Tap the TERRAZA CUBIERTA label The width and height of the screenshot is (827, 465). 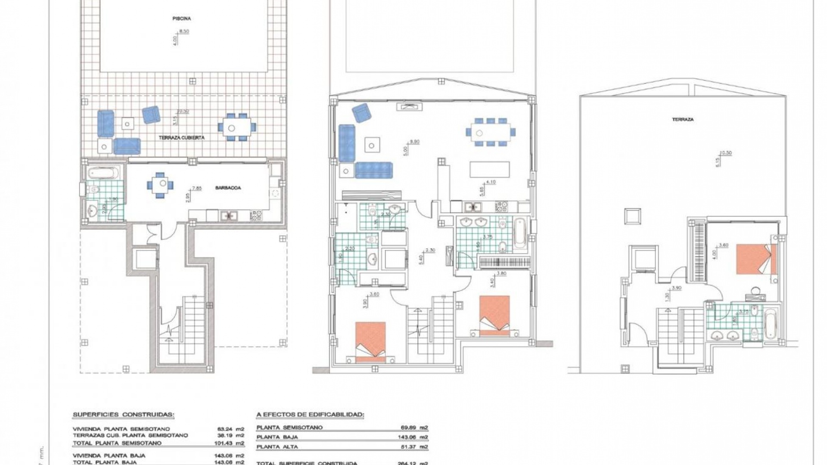click(181, 138)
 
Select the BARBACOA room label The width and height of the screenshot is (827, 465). click(228, 188)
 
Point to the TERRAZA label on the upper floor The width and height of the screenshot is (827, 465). click(683, 119)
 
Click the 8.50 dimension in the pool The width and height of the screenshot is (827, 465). click(184, 31)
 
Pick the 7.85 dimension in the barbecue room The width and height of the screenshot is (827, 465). click(196, 188)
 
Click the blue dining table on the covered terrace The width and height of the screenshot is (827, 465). click(236, 127)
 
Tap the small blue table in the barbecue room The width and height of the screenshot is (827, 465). click(160, 184)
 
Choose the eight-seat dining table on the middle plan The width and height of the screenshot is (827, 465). click(490, 131)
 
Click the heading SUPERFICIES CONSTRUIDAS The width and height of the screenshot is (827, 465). click(124, 415)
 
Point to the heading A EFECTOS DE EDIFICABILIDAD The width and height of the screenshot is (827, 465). click(310, 415)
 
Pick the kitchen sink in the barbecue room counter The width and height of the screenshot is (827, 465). click(227, 215)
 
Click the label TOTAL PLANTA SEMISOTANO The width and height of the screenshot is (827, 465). click(117, 443)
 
